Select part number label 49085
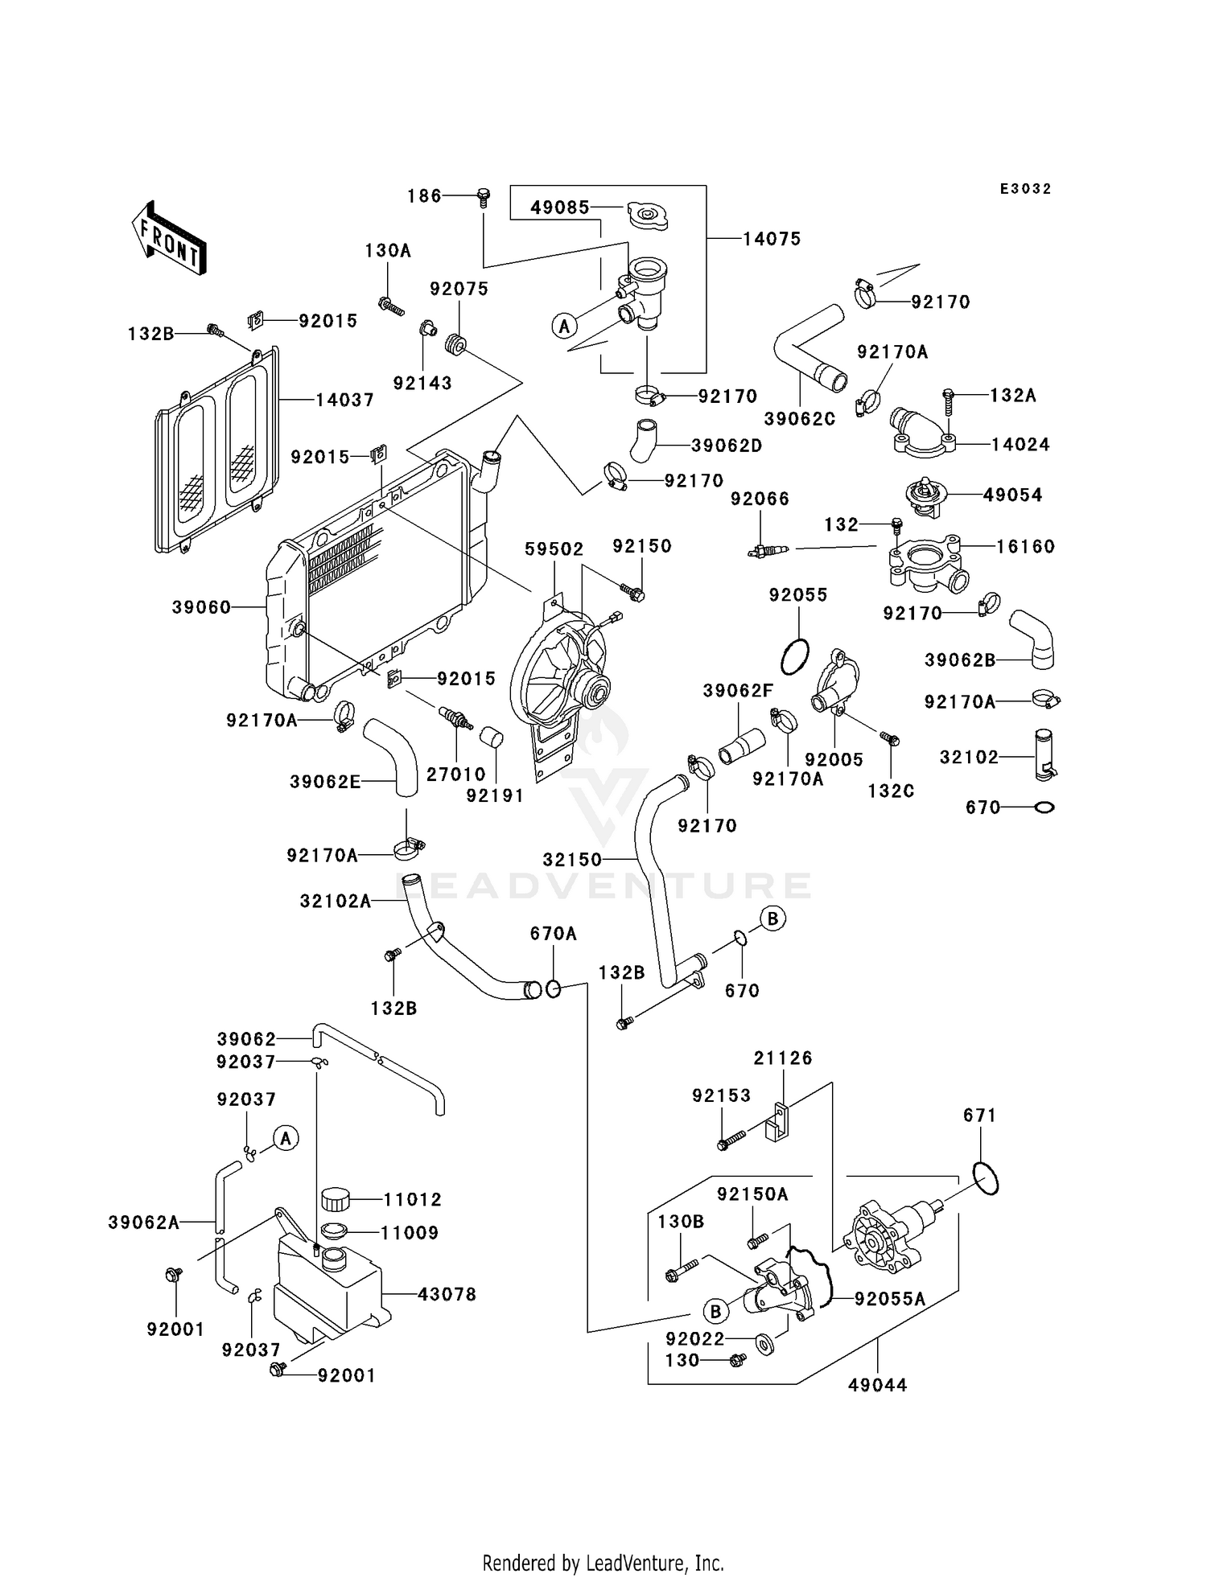(x=559, y=208)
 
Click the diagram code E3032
(x=1025, y=189)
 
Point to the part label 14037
(x=344, y=400)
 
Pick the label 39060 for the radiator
(x=201, y=607)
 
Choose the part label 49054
(x=1012, y=495)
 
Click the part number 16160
(x=1024, y=547)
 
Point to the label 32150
(x=572, y=860)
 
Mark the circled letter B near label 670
(x=772, y=918)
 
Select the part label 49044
(x=877, y=1385)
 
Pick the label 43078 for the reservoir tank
(x=447, y=1294)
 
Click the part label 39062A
(x=143, y=1223)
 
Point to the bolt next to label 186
(x=484, y=196)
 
